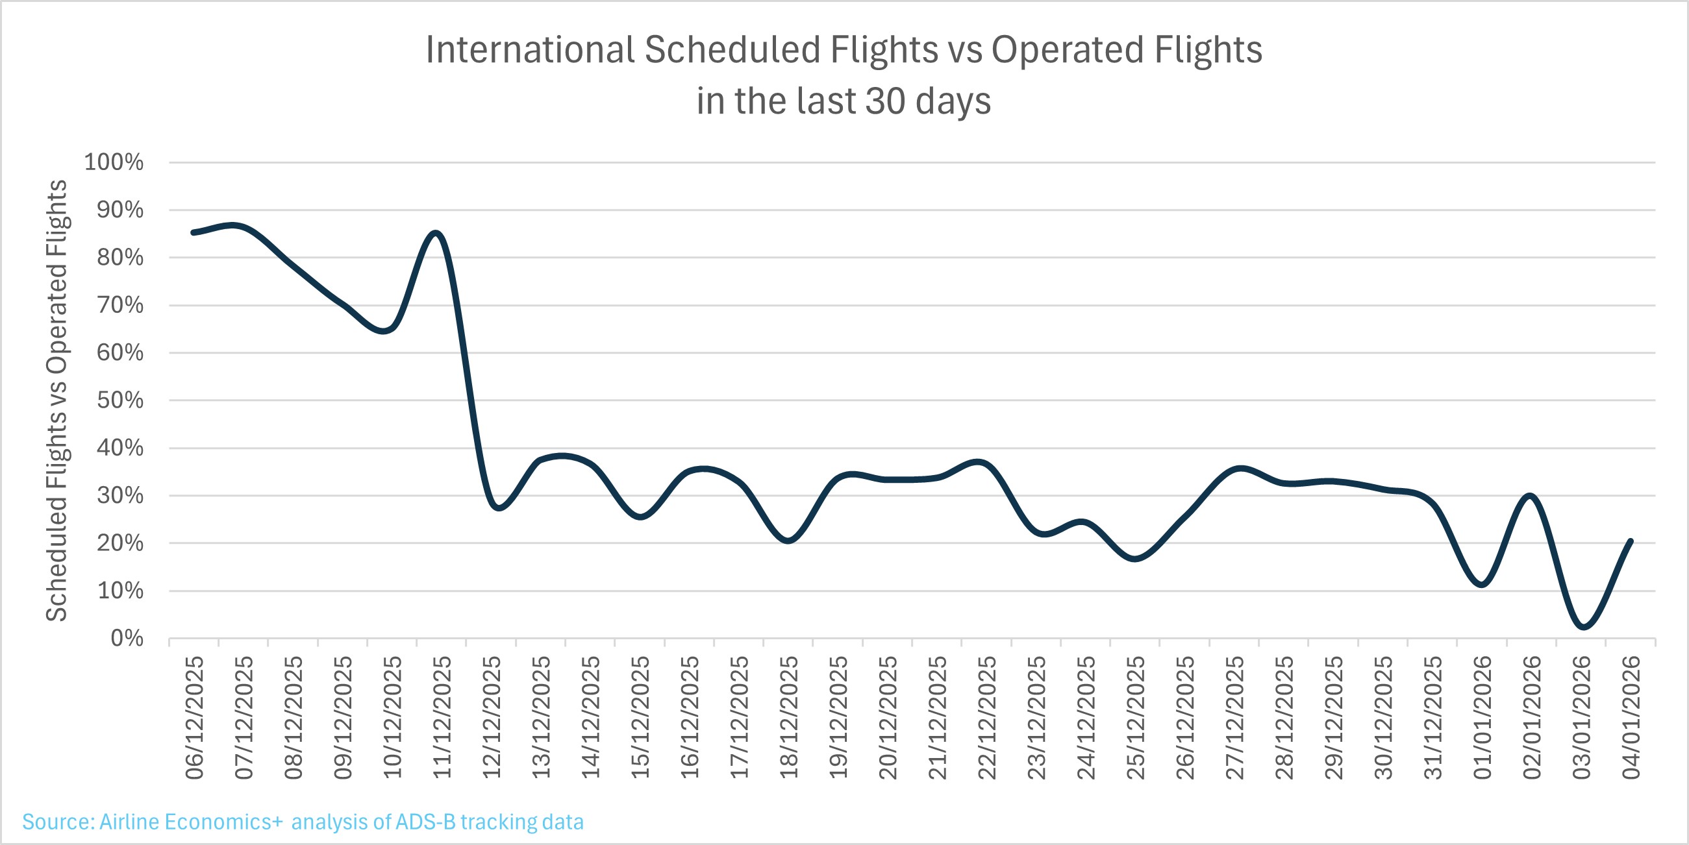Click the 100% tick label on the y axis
point(114,162)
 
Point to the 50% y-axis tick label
point(120,400)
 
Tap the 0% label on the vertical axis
point(127,638)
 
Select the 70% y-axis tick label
point(120,305)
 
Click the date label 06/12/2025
point(194,717)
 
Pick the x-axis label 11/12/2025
point(442,717)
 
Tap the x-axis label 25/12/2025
point(1135,717)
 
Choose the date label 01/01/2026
point(1482,717)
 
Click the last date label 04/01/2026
point(1631,717)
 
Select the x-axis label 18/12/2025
point(789,717)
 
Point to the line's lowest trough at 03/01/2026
point(1583,627)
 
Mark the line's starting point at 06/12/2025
point(194,232)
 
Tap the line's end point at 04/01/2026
point(1631,541)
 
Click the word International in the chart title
point(530,50)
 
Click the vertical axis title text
point(56,400)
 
